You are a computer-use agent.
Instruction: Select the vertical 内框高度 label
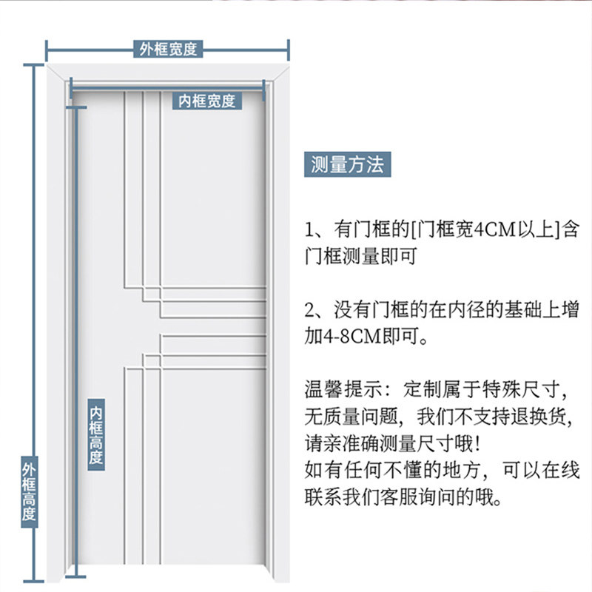coord(96,435)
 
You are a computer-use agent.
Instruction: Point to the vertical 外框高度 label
coord(29,492)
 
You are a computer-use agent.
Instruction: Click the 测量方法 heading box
coord(347,165)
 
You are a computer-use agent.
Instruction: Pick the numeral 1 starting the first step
coord(311,229)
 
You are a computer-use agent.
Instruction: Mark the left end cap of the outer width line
coord(47,50)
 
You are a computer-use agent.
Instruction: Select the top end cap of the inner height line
coord(75,107)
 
